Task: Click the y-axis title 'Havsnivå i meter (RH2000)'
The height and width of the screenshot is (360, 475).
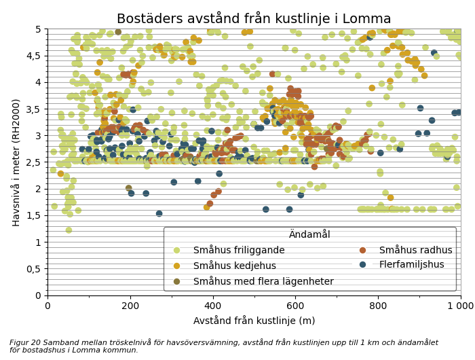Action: point(16,162)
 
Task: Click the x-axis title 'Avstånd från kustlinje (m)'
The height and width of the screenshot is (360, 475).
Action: point(254,321)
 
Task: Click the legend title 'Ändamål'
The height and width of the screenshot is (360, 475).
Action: point(309,234)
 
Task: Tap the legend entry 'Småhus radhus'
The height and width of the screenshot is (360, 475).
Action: point(415,250)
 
